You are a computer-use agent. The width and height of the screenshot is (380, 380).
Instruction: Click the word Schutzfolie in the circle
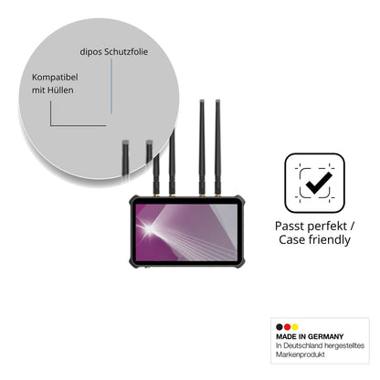click(x=126, y=52)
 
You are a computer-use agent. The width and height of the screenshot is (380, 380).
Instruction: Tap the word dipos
click(x=90, y=52)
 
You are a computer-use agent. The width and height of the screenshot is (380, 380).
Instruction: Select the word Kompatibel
click(x=55, y=78)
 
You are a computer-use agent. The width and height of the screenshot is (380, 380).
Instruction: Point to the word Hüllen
click(x=60, y=90)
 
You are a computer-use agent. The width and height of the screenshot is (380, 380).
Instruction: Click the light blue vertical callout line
click(x=111, y=86)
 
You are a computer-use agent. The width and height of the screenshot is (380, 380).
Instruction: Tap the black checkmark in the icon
click(x=319, y=183)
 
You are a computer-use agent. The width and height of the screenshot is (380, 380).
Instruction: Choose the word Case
click(x=292, y=240)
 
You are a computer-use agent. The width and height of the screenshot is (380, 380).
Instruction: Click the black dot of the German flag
click(x=280, y=327)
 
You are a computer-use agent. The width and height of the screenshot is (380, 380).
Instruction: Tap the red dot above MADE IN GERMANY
click(x=287, y=327)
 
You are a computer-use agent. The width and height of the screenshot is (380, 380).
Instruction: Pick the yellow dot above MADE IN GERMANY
click(x=295, y=327)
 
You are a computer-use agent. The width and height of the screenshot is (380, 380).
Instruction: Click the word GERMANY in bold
click(x=325, y=337)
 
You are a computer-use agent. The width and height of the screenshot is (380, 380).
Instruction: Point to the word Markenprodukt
click(x=301, y=354)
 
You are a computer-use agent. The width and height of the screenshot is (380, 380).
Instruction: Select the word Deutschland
click(x=302, y=345)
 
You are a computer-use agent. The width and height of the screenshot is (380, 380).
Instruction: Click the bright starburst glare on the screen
click(x=149, y=228)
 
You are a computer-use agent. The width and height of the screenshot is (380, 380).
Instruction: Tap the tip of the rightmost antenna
click(x=217, y=100)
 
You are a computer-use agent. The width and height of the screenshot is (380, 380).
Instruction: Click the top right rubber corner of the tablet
click(x=239, y=199)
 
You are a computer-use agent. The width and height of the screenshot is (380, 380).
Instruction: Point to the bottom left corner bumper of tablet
click(x=134, y=264)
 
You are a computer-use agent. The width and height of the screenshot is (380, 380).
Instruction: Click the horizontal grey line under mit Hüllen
click(x=79, y=125)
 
